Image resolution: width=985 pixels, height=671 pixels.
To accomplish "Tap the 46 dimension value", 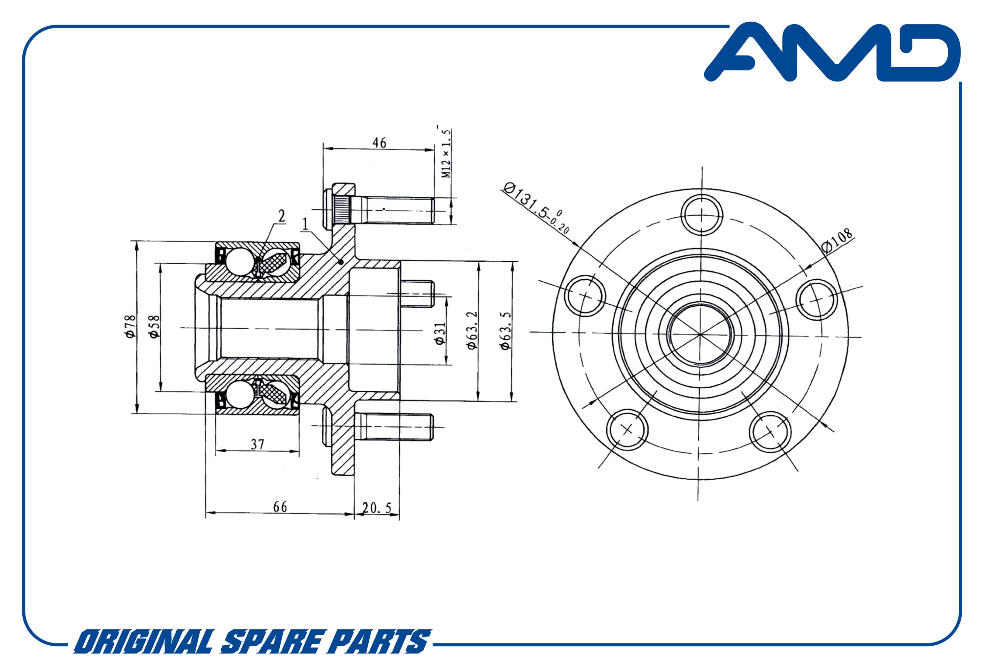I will [379, 142].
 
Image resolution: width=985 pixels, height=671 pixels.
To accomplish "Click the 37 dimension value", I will [257, 444].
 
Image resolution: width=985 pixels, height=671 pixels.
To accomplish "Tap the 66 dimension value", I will [280, 507].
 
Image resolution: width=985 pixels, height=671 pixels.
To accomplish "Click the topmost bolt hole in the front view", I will [701, 214].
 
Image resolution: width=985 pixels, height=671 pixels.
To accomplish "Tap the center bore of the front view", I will [700, 334].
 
